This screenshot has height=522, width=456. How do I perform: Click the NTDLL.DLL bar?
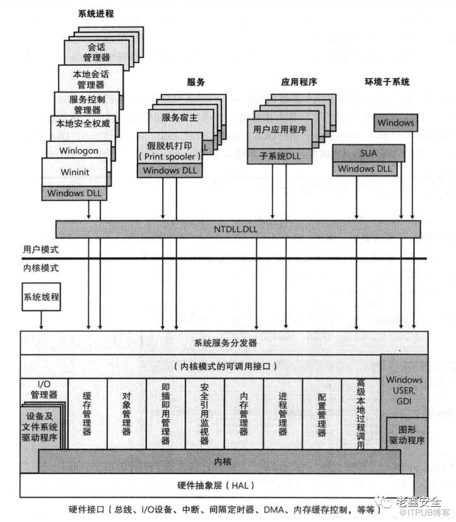tap(238, 228)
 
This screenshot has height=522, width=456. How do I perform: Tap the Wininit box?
tap(74, 173)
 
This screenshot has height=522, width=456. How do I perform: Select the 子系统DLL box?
tap(279, 156)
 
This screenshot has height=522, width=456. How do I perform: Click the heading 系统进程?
tap(96, 14)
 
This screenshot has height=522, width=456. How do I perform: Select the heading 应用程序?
tap(299, 83)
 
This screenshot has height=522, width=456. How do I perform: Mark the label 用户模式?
tap(41, 250)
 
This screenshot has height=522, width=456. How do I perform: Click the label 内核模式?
tap(41, 268)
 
